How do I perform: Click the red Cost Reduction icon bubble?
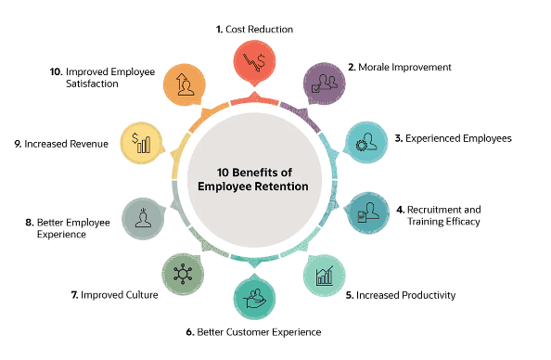254,66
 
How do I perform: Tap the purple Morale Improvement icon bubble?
325,82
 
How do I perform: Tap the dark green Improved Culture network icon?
183,272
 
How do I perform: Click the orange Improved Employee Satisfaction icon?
183,84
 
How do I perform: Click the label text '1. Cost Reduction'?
254,29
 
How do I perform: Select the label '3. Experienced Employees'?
453,138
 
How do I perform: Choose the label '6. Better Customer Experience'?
254,332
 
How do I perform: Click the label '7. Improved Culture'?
118,295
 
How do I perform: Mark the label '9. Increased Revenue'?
67,144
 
